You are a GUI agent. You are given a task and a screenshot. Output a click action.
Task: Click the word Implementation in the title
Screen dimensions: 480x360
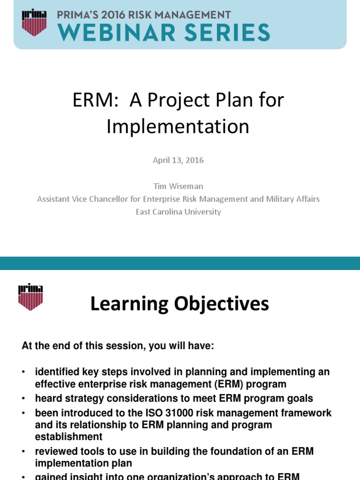[x=178, y=127]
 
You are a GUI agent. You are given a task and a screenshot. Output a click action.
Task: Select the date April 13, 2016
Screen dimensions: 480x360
[x=178, y=160]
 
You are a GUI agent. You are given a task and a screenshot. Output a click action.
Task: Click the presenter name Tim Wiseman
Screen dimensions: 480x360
[x=178, y=186]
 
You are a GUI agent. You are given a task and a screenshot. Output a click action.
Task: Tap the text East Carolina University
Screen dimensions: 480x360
[x=178, y=212]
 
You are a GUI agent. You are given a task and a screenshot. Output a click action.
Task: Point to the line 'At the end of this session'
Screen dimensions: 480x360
[x=118, y=346]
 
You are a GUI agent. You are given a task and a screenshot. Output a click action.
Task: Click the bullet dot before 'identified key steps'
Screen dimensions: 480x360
[x=23, y=372]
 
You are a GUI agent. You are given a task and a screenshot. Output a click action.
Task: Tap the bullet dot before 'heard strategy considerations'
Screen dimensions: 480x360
[x=23, y=399]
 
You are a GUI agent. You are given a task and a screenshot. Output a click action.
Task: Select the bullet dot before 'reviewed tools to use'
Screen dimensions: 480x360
[x=23, y=451]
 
